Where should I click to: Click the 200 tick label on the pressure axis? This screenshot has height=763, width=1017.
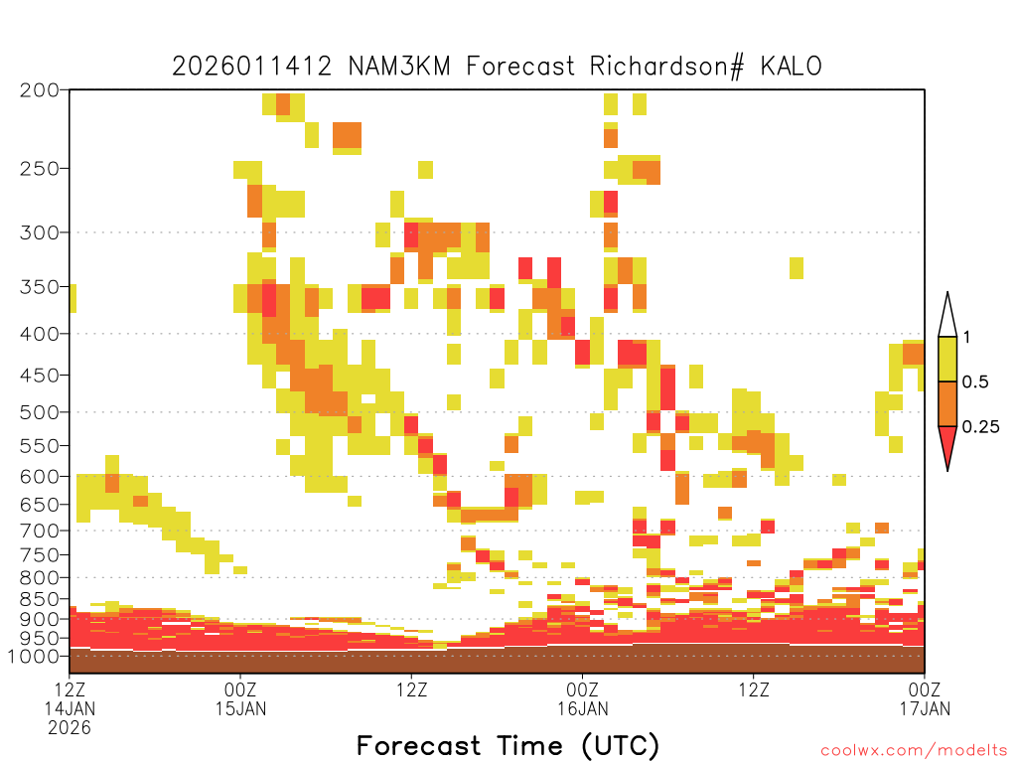[40, 90]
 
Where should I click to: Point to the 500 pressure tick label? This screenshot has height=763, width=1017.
[40, 412]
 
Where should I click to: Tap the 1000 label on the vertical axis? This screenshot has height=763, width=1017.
[34, 657]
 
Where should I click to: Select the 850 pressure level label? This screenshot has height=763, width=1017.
[40, 599]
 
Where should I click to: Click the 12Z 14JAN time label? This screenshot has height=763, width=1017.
[70, 698]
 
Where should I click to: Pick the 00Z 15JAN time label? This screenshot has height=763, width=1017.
[240, 698]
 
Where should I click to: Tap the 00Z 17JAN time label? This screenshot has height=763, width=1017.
[925, 698]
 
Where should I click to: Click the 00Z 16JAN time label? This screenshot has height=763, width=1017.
[582, 698]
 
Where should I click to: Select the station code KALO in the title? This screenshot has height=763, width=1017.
[792, 67]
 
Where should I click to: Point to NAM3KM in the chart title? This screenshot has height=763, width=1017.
[399, 67]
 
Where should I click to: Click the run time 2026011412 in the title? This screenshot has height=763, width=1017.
[251, 67]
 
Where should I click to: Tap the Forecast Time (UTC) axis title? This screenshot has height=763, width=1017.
[508, 745]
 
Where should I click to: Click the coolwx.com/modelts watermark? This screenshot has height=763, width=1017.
[914, 751]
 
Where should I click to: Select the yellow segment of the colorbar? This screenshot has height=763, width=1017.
[947, 359]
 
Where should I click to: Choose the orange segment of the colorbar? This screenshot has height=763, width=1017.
[947, 403]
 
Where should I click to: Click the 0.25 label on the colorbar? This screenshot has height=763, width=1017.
[980, 427]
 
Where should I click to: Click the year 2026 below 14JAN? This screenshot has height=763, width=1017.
[70, 727]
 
